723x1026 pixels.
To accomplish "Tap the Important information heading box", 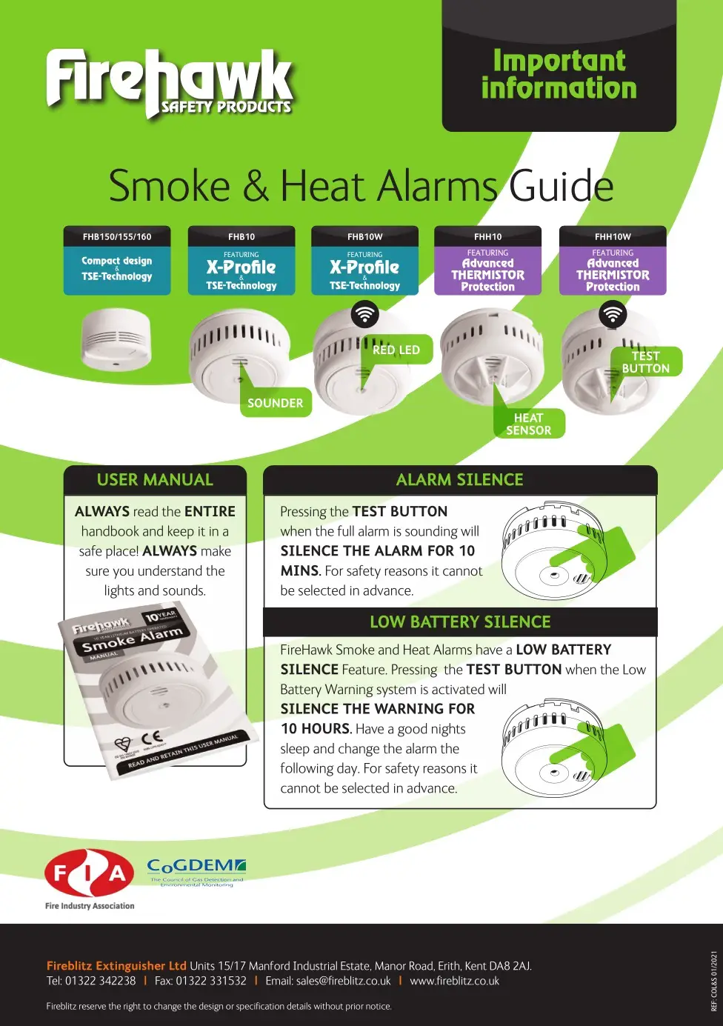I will (559, 74).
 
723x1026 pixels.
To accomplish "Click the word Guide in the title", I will (562, 186).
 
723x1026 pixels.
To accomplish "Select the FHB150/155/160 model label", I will (117, 237).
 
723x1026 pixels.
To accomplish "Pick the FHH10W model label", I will (613, 237).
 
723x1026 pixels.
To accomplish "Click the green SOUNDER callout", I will (276, 403).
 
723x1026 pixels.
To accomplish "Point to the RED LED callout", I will (396, 350).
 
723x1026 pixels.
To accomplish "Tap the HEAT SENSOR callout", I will (528, 424).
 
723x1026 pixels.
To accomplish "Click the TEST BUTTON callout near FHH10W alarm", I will (645, 362).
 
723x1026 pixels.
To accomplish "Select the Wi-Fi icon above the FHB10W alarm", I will (364, 314).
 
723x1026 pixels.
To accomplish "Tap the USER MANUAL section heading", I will (155, 480).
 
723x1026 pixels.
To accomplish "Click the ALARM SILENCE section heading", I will (459, 480).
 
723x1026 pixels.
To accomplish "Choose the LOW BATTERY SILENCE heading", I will (460, 622).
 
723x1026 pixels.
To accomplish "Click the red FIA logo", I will (90, 874).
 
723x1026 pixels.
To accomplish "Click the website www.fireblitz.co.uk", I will (454, 981).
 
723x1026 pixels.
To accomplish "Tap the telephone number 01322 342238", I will (101, 981).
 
